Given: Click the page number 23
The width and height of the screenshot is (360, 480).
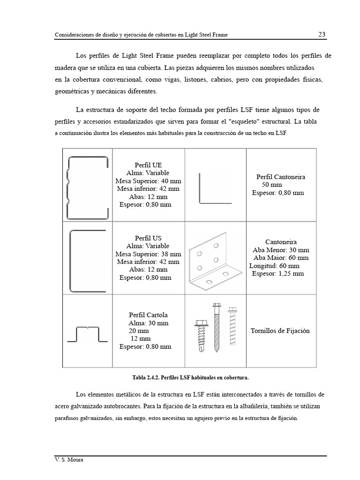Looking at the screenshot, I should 322,34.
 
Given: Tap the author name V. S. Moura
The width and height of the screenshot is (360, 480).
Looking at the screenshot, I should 68,460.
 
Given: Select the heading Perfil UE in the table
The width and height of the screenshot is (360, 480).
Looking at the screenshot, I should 148,165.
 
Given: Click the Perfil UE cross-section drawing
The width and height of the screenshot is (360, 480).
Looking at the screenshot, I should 89,187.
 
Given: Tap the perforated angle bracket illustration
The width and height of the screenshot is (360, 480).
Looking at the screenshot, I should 216,262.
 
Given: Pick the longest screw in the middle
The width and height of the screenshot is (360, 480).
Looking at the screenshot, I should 217,327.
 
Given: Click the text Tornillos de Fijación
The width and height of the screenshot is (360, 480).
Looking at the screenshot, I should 280,330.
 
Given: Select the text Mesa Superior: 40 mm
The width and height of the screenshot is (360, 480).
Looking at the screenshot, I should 148,181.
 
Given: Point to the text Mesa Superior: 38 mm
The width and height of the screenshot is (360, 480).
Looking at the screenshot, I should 148,254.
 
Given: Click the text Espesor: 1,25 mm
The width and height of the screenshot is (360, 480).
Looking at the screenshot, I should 278,273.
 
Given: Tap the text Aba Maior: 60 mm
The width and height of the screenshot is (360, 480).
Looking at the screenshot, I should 281,257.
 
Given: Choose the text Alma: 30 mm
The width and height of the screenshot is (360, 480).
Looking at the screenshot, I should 148,323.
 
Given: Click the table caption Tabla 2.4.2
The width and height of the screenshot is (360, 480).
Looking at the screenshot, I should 190,377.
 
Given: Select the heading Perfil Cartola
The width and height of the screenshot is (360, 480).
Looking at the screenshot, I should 148,315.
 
